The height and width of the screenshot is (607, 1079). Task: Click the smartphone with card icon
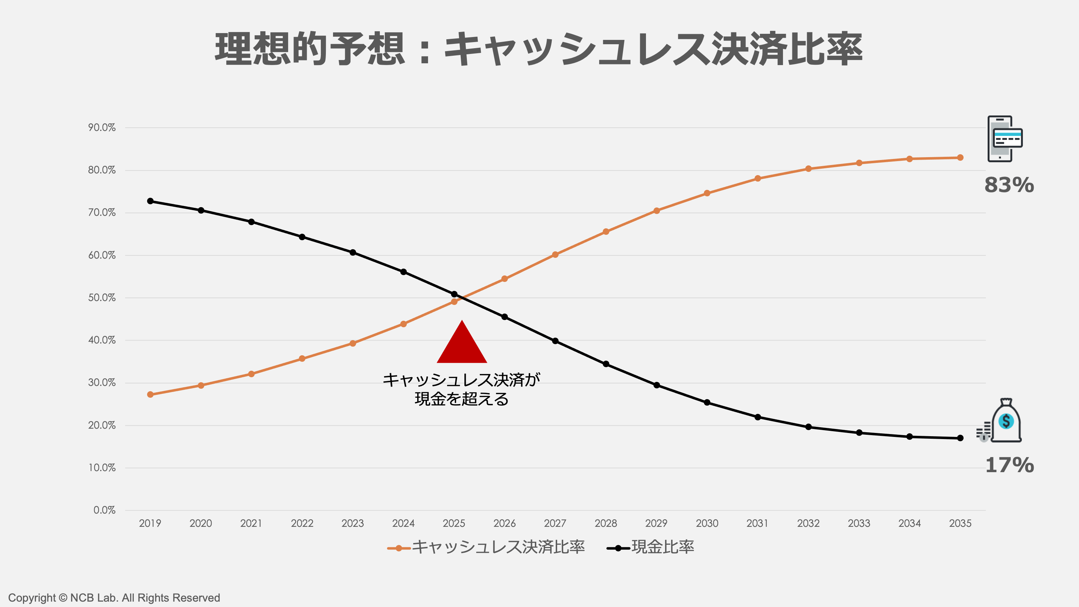tap(1005, 139)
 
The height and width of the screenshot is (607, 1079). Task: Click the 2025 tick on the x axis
tap(454, 523)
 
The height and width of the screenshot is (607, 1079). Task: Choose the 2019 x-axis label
tap(150, 523)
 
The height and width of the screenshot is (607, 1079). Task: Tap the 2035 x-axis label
tap(960, 523)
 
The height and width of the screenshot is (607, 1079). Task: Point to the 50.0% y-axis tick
tap(102, 298)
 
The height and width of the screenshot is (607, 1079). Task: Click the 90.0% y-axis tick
tap(102, 128)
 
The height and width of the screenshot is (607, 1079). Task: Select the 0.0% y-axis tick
tap(104, 510)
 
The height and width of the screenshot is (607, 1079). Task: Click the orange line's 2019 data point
tap(150, 394)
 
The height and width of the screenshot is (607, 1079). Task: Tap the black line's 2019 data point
tap(150, 201)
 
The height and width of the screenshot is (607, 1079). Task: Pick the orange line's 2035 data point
tap(960, 158)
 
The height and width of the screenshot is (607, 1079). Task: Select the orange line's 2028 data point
tap(606, 232)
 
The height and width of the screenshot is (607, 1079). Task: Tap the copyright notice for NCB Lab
tap(114, 598)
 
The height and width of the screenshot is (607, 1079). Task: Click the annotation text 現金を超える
tap(461, 399)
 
